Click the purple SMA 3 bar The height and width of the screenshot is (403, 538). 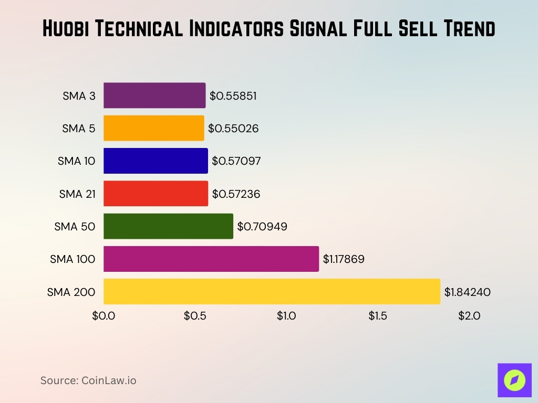click(154, 96)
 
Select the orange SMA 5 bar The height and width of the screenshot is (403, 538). click(153, 128)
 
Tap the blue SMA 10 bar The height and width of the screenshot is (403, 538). click(156, 161)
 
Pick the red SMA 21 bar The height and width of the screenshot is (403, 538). click(156, 193)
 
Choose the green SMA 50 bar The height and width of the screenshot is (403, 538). click(168, 226)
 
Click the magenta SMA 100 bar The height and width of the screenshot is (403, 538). click(211, 259)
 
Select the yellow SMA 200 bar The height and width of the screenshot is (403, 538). click(272, 291)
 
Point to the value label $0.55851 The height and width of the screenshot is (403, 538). click(233, 96)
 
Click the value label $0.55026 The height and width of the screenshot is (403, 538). click(233, 129)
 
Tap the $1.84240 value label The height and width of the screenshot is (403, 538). click(467, 292)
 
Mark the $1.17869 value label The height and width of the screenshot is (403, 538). click(344, 259)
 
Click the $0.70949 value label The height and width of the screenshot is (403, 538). click(262, 227)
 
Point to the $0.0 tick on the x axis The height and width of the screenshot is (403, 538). click(104, 316)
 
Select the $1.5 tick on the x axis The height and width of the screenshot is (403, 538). click(378, 316)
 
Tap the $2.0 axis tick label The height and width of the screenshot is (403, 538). click(469, 316)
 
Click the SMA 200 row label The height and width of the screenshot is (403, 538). click(71, 292)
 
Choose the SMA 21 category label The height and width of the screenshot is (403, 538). click(77, 194)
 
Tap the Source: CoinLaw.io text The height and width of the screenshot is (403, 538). click(88, 380)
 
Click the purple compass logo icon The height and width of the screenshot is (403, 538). click(514, 380)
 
